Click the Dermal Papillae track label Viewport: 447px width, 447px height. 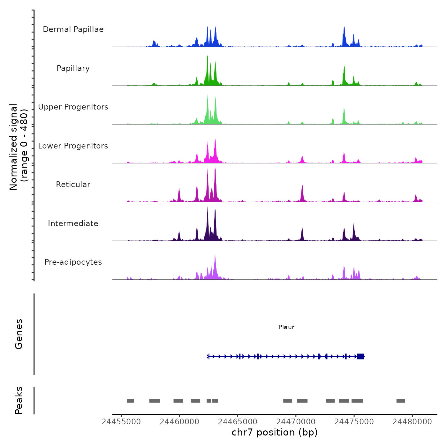tap(73, 29)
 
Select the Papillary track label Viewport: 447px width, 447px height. tap(73, 68)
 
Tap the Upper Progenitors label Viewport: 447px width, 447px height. tap(73, 107)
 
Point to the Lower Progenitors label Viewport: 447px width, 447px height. tap(73, 146)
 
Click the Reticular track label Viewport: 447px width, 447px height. tap(73, 185)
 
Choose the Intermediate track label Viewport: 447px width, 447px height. tap(73, 223)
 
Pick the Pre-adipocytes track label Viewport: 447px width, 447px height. tap(73, 262)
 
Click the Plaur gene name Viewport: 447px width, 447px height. tap(286, 327)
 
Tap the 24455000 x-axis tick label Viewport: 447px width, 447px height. tap(121, 422)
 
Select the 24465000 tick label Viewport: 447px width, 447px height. tap(238, 422)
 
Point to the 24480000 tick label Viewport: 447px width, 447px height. tap(412, 422)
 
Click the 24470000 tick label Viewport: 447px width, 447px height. tap(296, 422)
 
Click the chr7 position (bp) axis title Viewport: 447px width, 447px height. tap(275, 433)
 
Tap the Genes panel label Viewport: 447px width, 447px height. tap(19, 334)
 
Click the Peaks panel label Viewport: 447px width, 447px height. tap(19, 400)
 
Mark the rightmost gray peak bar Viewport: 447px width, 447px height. tap(401, 401)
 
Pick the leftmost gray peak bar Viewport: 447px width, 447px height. tap(130, 401)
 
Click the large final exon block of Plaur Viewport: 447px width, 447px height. tap(361, 356)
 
